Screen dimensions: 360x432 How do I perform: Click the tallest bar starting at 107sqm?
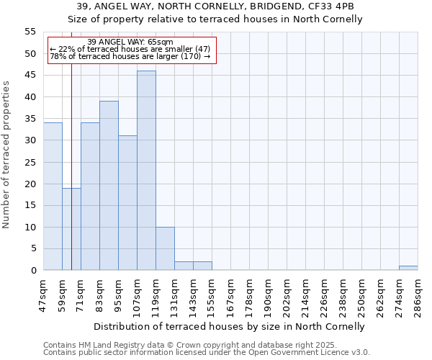[x=146, y=171]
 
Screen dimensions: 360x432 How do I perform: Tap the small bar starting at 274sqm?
[x=408, y=268]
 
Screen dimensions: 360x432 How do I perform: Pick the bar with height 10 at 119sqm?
[x=165, y=248]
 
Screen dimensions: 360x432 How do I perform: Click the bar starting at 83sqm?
[x=109, y=186]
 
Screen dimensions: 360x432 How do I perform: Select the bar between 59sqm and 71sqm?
[x=71, y=229]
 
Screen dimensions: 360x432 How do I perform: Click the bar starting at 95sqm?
[x=127, y=203]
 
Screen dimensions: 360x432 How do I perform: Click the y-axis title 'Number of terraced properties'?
[x=6, y=155]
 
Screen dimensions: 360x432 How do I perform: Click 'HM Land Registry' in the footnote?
[x=106, y=345]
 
